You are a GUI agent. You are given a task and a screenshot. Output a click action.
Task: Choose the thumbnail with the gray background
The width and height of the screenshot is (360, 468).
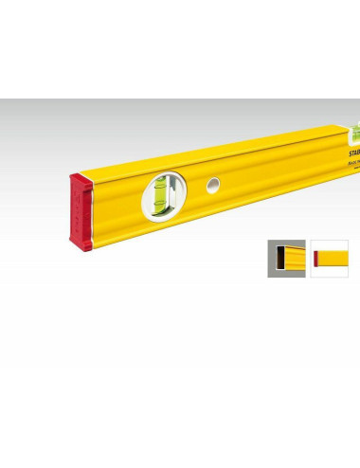click(286, 258)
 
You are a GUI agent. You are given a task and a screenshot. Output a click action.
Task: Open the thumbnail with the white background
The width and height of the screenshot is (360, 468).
click(328, 258)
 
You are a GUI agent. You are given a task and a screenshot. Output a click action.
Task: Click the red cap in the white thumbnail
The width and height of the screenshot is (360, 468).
click(315, 258)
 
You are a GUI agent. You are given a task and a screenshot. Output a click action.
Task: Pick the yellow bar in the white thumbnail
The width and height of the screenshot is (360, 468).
click(333, 258)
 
